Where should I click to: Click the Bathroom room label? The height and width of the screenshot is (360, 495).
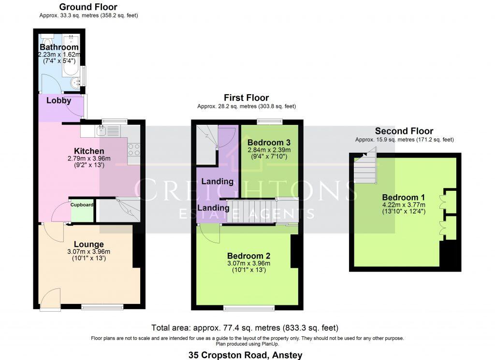(x=59, y=47)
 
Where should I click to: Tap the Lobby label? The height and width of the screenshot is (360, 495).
(x=59, y=101)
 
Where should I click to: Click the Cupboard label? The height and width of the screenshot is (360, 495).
(x=82, y=205)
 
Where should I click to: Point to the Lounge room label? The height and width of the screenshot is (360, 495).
(x=88, y=245)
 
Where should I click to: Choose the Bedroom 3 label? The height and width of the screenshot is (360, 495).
(x=269, y=143)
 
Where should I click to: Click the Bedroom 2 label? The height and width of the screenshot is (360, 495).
(x=249, y=256)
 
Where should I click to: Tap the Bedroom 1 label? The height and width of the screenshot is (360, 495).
(x=404, y=197)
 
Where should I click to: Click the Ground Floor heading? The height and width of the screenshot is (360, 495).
(x=88, y=7)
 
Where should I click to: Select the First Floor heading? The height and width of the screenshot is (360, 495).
(x=246, y=98)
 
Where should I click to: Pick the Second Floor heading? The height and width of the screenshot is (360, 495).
(x=404, y=131)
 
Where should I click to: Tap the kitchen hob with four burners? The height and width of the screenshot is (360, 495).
(x=134, y=150)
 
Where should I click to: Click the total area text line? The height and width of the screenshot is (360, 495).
(x=245, y=328)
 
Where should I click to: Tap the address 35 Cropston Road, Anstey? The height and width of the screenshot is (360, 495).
(x=245, y=355)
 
